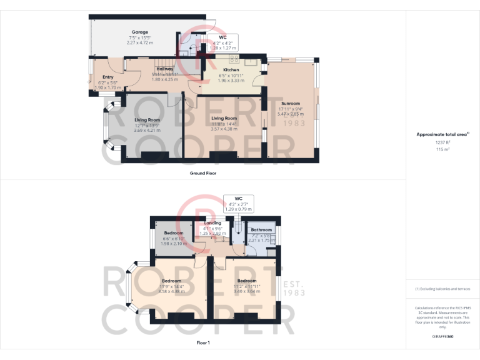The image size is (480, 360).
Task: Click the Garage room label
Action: (139, 32)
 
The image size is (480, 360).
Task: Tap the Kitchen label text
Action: (231, 70)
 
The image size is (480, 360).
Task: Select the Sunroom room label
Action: (289, 104)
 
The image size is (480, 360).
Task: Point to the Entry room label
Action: (108, 77)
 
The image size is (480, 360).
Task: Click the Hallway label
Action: (165, 69)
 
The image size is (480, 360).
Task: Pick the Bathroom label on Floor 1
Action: (261, 230)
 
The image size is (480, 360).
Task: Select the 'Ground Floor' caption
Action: (203, 173)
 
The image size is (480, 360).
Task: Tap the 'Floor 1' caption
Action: (202, 343)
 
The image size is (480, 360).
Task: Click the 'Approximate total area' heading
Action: (442, 134)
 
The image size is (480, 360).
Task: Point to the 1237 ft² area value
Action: (442, 142)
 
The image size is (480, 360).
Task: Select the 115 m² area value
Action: (442, 150)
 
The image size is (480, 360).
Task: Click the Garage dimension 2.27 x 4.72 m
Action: (139, 43)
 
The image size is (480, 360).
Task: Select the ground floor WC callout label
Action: (222, 37)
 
